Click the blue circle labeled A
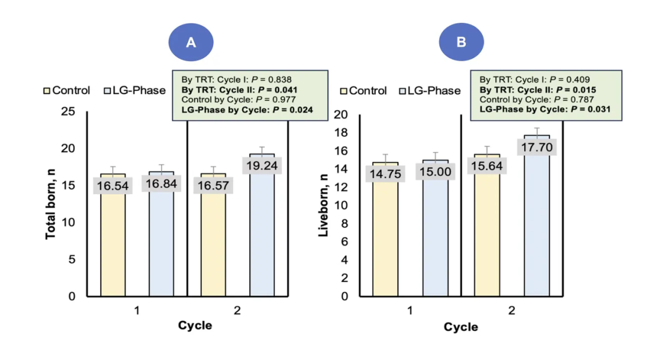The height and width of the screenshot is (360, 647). tap(191, 42)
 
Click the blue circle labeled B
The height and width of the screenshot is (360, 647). tap(461, 42)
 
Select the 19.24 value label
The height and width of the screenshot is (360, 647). tap(262, 165)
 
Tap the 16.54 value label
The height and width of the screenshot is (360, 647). tap(113, 186)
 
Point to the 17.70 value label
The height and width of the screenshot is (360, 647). tap(537, 147)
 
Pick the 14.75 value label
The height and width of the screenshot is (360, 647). tap(385, 174)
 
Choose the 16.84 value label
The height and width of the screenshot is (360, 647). tap(162, 184)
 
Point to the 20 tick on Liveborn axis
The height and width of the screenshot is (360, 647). tap(341, 114)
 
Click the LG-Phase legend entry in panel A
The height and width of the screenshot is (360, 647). tap(135, 90)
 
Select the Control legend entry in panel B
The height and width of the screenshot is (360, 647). tap(363, 91)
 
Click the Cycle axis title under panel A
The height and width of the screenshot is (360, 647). tap(195, 325)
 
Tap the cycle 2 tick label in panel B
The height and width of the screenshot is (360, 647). tap(512, 311)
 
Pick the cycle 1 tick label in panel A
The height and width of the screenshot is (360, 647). tap(137, 310)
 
